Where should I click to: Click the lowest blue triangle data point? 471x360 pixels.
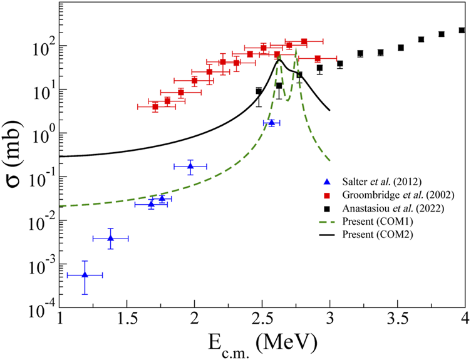(x=85, y=275)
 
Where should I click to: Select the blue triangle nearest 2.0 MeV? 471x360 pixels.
(x=190, y=166)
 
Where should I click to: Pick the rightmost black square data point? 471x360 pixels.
(x=462, y=30)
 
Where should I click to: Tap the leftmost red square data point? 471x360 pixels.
(x=155, y=106)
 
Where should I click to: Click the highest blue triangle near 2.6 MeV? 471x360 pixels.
(x=271, y=123)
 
